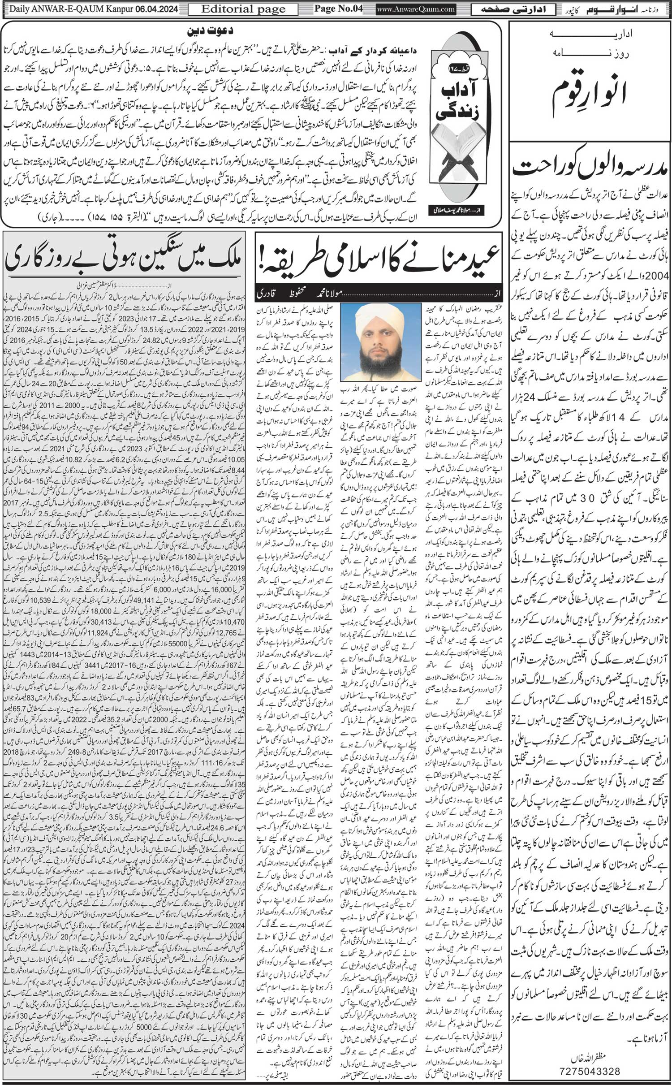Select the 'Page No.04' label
point(338,9)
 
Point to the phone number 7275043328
point(591,1068)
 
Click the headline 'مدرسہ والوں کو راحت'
point(590,168)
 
